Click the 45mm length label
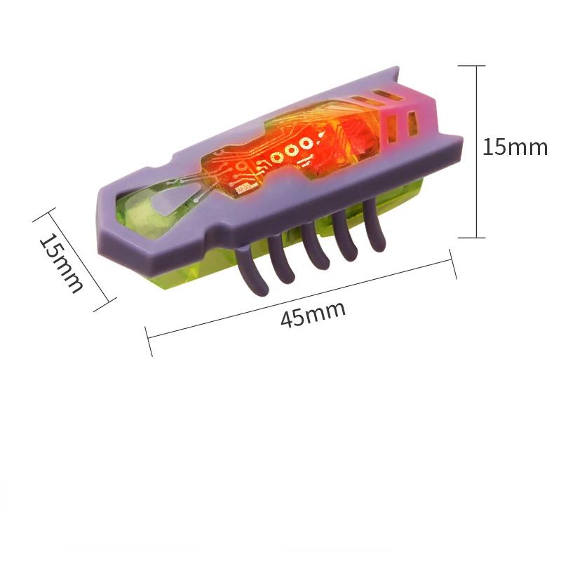313,314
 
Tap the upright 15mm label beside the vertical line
515,147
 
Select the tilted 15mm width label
61,263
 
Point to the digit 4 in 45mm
287,320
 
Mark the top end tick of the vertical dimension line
471,66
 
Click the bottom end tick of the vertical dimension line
471,237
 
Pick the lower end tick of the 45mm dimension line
149,342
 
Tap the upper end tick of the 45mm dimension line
452,264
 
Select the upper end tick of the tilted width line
44,215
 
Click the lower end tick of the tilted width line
104,304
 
